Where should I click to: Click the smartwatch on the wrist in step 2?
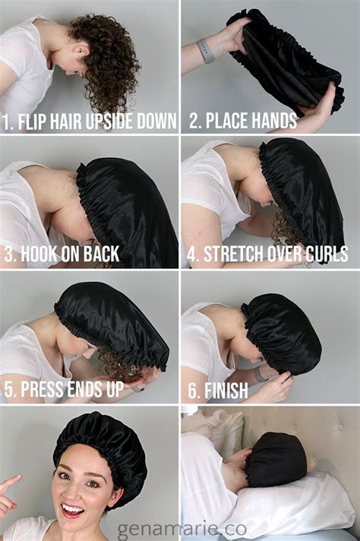[206, 50]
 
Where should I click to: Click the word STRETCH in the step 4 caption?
[231, 254]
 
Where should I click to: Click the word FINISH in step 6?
[226, 391]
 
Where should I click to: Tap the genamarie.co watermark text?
[182, 529]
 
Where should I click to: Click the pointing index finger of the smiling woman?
[10, 482]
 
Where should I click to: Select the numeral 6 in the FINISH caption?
[192, 391]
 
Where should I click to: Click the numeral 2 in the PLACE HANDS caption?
[194, 120]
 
